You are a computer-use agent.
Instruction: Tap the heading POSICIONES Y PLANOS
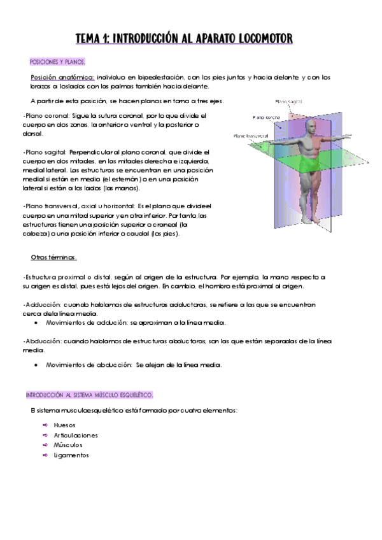(x=57, y=62)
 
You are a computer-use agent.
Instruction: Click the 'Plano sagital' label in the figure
(x=288, y=101)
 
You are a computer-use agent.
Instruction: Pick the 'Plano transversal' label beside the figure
(x=250, y=136)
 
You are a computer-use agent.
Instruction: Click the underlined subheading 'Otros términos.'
(x=54, y=257)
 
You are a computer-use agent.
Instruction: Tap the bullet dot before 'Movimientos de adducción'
(x=35, y=323)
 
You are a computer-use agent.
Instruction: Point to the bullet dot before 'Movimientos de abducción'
(x=35, y=366)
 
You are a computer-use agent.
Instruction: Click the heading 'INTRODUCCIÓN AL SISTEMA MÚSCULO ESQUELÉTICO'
(x=90, y=395)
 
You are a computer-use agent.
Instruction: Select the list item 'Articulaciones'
(x=76, y=435)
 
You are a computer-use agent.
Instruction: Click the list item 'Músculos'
(x=68, y=445)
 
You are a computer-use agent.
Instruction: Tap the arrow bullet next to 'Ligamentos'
(x=45, y=455)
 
